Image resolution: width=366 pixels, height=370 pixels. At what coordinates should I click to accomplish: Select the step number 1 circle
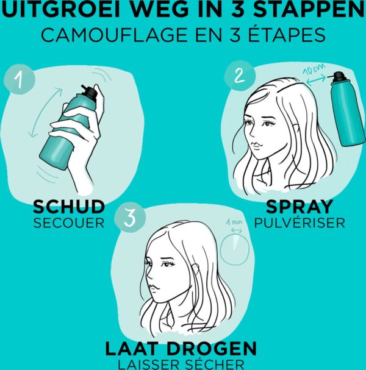coord(20,79)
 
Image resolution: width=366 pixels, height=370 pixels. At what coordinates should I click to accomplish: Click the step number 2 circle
coord(240,76)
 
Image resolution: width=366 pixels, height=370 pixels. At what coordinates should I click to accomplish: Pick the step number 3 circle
coord(130,218)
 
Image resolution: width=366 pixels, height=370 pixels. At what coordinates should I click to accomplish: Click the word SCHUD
coord(69,207)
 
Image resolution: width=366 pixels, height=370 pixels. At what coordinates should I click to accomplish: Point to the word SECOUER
coord(69,223)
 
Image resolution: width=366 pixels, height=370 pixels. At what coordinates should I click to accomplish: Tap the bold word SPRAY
coord(300,207)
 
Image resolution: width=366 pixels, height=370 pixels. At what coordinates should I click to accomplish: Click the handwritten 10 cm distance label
coord(314,69)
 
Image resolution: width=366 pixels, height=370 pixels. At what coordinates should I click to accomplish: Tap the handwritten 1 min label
coord(234,222)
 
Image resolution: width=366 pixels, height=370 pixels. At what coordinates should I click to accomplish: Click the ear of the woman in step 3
coord(196,268)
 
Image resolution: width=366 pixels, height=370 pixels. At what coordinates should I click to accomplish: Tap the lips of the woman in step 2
coord(256,144)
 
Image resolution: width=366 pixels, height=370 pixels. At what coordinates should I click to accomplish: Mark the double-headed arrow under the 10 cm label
coord(316,79)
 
